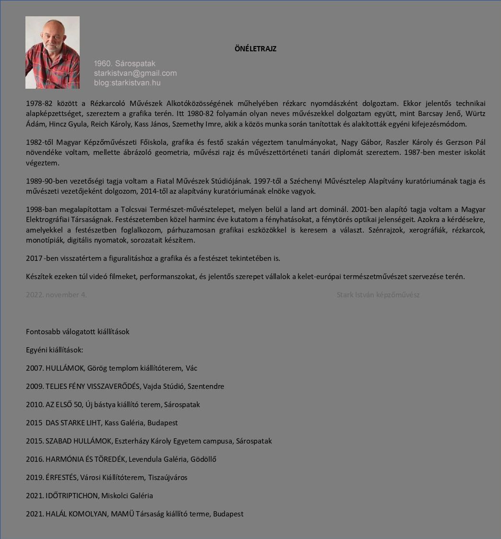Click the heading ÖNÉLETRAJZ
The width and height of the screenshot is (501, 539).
click(x=255, y=48)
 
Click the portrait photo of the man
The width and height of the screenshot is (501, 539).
click(x=52, y=53)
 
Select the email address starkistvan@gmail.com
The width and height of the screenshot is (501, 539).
click(x=135, y=73)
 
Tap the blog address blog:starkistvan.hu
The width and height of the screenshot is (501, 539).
click(x=127, y=82)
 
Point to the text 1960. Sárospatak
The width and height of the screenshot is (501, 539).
click(x=124, y=63)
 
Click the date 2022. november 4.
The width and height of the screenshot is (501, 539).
click(x=56, y=294)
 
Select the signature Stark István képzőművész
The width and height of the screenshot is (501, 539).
click(x=378, y=294)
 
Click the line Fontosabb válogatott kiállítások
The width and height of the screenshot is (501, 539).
click(x=78, y=331)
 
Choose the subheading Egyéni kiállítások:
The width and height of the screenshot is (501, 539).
click(x=55, y=350)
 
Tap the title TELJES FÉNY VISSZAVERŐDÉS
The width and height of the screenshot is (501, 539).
click(x=93, y=386)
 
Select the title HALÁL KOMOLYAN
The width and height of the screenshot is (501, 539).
click(x=76, y=514)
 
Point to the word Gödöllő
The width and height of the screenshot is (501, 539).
click(x=203, y=459)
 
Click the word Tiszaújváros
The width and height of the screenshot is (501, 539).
click(x=167, y=477)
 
